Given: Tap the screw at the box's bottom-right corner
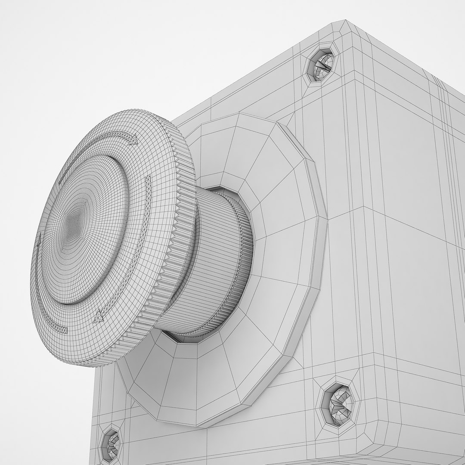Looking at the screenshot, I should pos(338,403).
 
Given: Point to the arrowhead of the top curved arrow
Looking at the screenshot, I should pos(134,139).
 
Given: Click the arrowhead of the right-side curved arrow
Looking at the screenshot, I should pos(99,316).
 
